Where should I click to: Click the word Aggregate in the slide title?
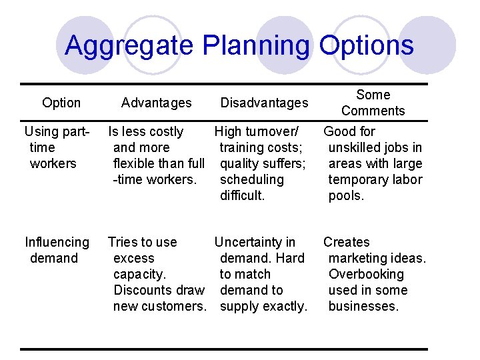point(129,46)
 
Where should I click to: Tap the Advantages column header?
point(156,103)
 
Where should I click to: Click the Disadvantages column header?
point(264,103)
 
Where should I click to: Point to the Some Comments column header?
point(373,103)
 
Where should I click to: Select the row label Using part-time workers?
point(57,147)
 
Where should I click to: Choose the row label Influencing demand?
point(57,250)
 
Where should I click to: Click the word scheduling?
point(251,179)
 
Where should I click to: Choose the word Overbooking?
point(366,274)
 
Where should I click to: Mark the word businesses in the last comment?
point(363,306)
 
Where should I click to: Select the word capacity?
point(140,274)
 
